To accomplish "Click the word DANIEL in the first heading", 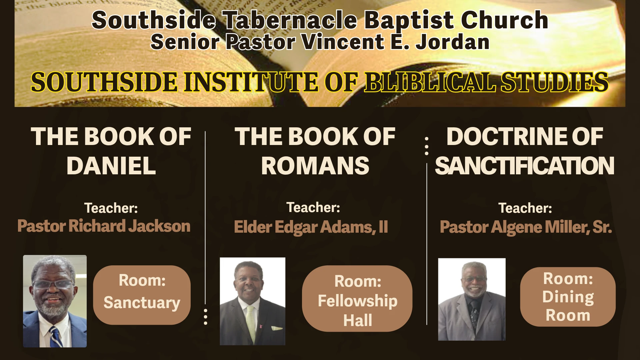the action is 111,166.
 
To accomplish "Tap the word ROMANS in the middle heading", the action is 315,166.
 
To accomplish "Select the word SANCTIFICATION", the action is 525,166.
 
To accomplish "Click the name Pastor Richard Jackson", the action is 104,226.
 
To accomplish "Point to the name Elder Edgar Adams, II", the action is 311,227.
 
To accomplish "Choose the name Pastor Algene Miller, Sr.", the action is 526,227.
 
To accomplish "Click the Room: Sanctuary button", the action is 142,295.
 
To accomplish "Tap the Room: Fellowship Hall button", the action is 357,298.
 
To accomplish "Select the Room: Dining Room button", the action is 568,297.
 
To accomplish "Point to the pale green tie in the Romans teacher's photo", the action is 251,323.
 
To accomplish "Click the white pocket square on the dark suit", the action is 277,328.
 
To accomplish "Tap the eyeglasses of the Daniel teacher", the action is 52,284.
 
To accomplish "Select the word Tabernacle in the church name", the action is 291,20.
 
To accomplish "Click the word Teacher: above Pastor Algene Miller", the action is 525,208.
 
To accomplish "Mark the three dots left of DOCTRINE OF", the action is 427,146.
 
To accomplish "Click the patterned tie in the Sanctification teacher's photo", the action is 474,313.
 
